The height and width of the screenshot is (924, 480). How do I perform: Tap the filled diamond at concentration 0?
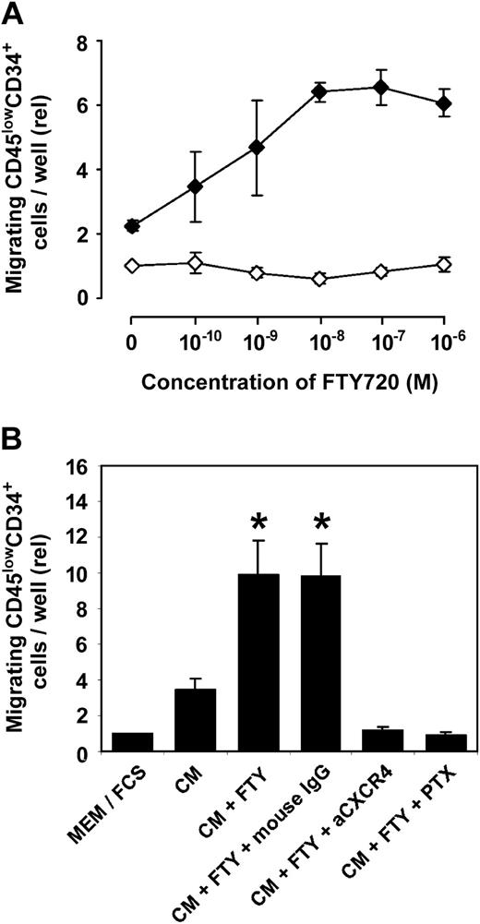[132, 225]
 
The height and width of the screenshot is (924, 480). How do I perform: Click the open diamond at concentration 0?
[132, 266]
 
